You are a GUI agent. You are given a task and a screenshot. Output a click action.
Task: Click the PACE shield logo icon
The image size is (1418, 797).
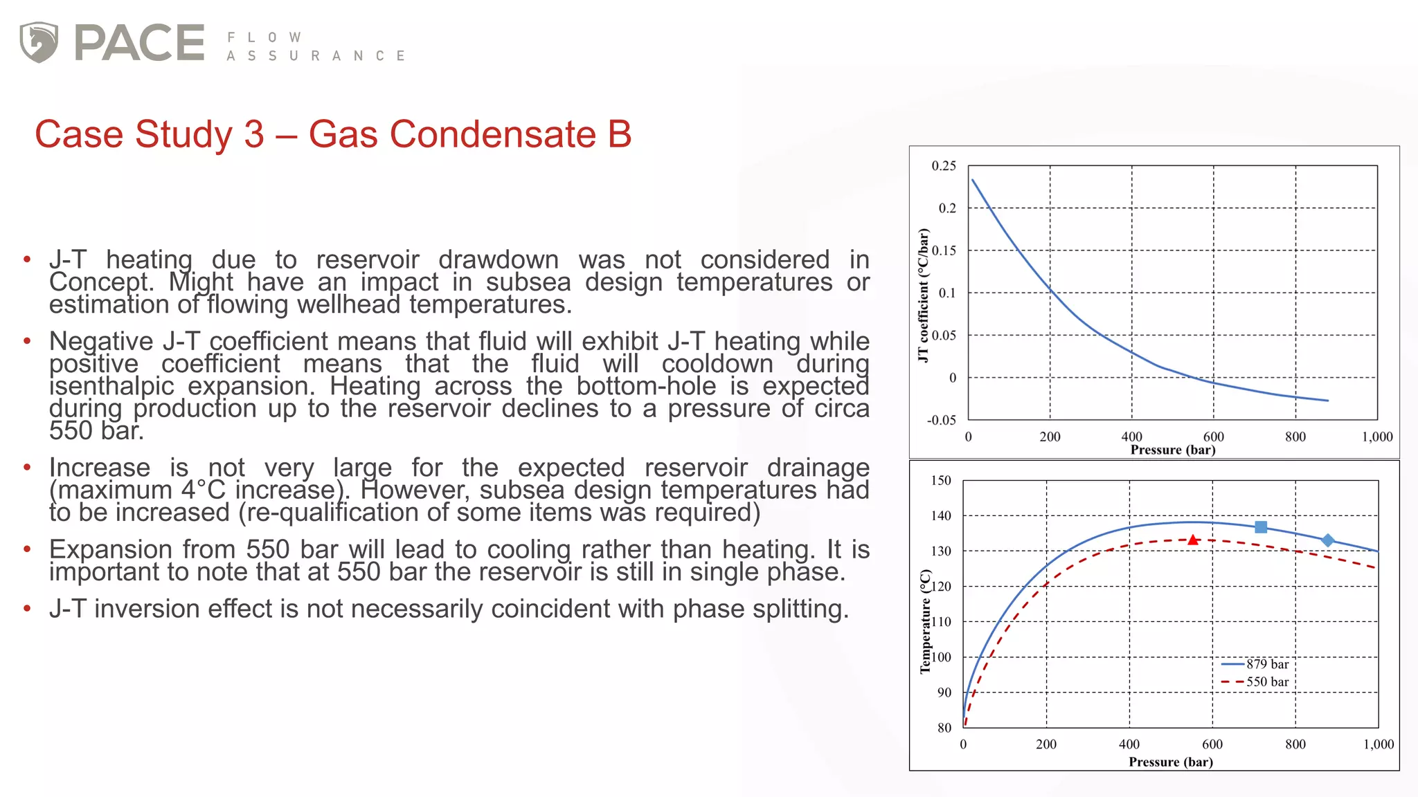point(39,42)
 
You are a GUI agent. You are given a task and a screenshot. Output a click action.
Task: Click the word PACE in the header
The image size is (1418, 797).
point(139,43)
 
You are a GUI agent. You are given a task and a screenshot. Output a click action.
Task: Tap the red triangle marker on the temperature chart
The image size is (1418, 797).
point(1192,540)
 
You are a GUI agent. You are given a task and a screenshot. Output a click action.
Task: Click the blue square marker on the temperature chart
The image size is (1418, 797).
point(1261,527)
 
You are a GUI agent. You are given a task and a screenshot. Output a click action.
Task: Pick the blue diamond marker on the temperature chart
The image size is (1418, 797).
point(1327,540)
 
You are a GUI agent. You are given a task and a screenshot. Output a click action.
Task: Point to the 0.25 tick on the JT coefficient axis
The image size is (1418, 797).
point(943,166)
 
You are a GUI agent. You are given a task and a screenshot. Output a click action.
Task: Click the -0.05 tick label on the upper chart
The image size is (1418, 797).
point(941,420)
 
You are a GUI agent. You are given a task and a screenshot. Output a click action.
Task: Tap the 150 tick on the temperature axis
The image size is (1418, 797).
point(941,480)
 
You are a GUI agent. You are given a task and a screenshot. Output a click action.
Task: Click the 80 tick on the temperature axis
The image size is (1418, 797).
point(944,728)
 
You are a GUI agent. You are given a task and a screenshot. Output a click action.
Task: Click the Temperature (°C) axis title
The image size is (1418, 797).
point(925,621)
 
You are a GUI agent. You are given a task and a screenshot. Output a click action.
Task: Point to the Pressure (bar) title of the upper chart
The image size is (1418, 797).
point(1173,450)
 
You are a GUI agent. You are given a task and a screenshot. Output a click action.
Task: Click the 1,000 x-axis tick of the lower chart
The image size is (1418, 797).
point(1379,744)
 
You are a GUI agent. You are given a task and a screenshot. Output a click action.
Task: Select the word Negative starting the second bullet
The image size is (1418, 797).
point(101,341)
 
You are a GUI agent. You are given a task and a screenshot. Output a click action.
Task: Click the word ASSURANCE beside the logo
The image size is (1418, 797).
point(316,56)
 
